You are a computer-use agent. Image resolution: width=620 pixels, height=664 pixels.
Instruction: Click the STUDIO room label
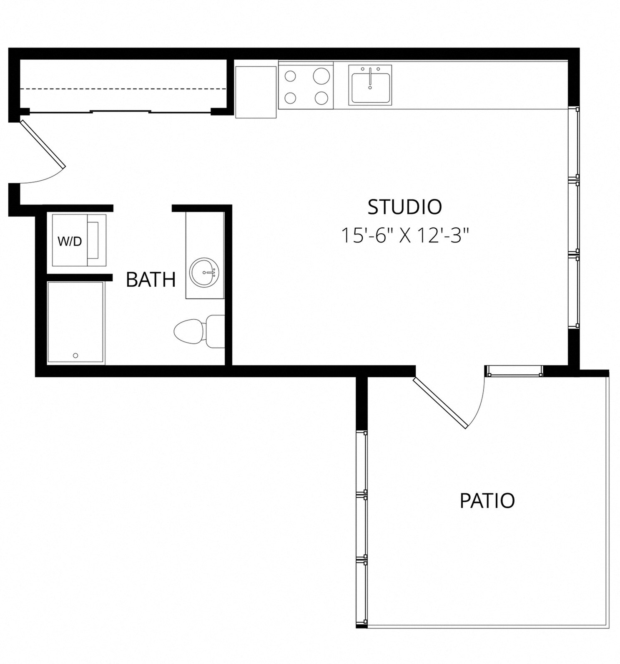(404, 207)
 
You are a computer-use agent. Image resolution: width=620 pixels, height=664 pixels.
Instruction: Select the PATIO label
(487, 500)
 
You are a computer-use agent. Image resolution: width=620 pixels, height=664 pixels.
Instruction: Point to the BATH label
(151, 280)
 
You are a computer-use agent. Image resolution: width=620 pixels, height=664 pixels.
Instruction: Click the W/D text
(70, 241)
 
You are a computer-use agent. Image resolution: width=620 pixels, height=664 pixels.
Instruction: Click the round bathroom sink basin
(204, 272)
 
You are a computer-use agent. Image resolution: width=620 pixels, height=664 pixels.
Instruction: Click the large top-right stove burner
(321, 76)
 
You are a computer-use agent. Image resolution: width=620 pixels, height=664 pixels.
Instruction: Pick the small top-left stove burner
(290, 76)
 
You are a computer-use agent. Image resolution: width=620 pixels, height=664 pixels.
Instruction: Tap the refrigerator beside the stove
(256, 92)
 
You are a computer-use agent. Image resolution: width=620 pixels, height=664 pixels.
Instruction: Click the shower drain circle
(75, 356)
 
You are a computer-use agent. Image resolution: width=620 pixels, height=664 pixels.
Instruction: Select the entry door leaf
(43, 144)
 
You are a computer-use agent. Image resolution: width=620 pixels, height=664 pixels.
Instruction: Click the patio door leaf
(440, 403)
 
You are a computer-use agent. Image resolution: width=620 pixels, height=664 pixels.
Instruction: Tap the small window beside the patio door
(514, 371)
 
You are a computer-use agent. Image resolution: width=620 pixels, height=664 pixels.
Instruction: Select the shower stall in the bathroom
(75, 322)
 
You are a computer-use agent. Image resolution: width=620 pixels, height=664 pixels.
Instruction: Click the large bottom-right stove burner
(321, 98)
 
